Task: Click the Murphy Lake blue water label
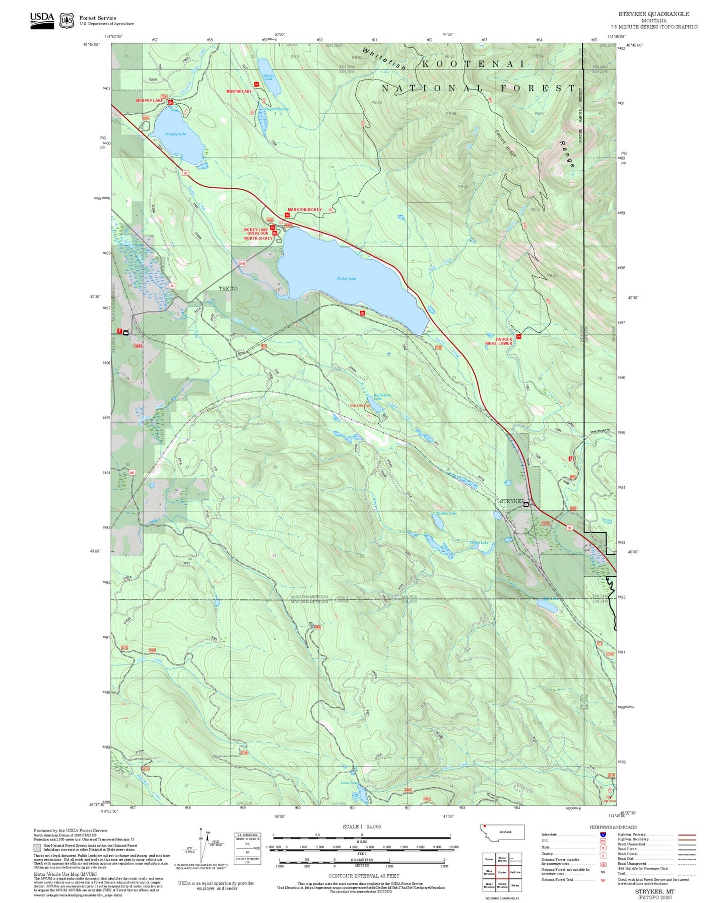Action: (175, 134)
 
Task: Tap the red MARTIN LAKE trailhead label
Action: (239, 92)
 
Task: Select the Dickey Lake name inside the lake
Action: (347, 278)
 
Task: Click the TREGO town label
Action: (228, 288)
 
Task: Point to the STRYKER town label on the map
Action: (512, 502)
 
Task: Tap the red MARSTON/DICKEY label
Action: (304, 209)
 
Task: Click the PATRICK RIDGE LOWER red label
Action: (498, 341)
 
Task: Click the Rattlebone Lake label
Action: (382, 397)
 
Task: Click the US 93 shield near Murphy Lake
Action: (186, 173)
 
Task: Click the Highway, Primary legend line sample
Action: (687, 835)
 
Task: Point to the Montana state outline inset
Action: (502, 833)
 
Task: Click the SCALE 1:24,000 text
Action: (362, 826)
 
